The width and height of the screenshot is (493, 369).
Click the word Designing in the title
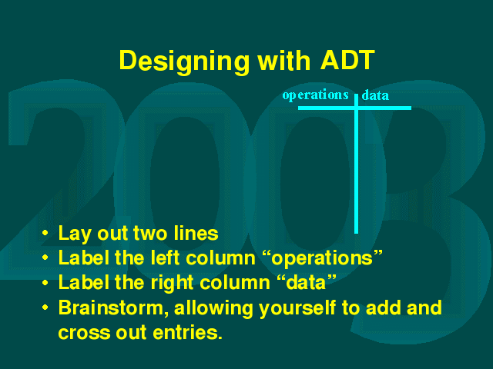[x=184, y=62]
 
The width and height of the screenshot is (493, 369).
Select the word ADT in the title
[x=347, y=60]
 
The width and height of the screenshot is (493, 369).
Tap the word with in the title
[x=284, y=60]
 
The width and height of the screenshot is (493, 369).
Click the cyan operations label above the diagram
[x=315, y=95]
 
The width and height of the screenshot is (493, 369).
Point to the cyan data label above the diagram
[x=375, y=95]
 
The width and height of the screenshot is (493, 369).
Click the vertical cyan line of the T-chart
[x=356, y=164]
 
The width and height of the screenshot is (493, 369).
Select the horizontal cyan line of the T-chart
[x=354, y=108]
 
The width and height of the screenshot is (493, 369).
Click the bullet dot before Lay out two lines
[x=45, y=234]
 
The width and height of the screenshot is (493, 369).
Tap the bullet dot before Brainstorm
[x=45, y=307]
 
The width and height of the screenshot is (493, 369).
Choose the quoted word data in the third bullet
[x=307, y=282]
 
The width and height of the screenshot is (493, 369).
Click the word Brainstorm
[x=111, y=307]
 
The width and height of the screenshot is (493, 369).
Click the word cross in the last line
[x=84, y=333]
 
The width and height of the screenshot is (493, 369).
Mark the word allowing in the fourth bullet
[x=213, y=308]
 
